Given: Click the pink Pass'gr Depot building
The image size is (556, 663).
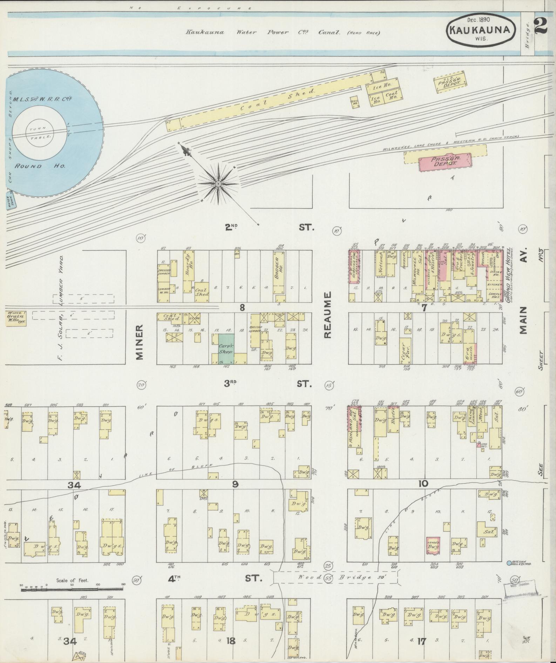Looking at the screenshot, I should [x=446, y=163].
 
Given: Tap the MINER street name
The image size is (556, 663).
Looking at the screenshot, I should [x=140, y=342].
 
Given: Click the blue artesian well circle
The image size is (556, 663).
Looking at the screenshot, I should [x=509, y=563].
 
